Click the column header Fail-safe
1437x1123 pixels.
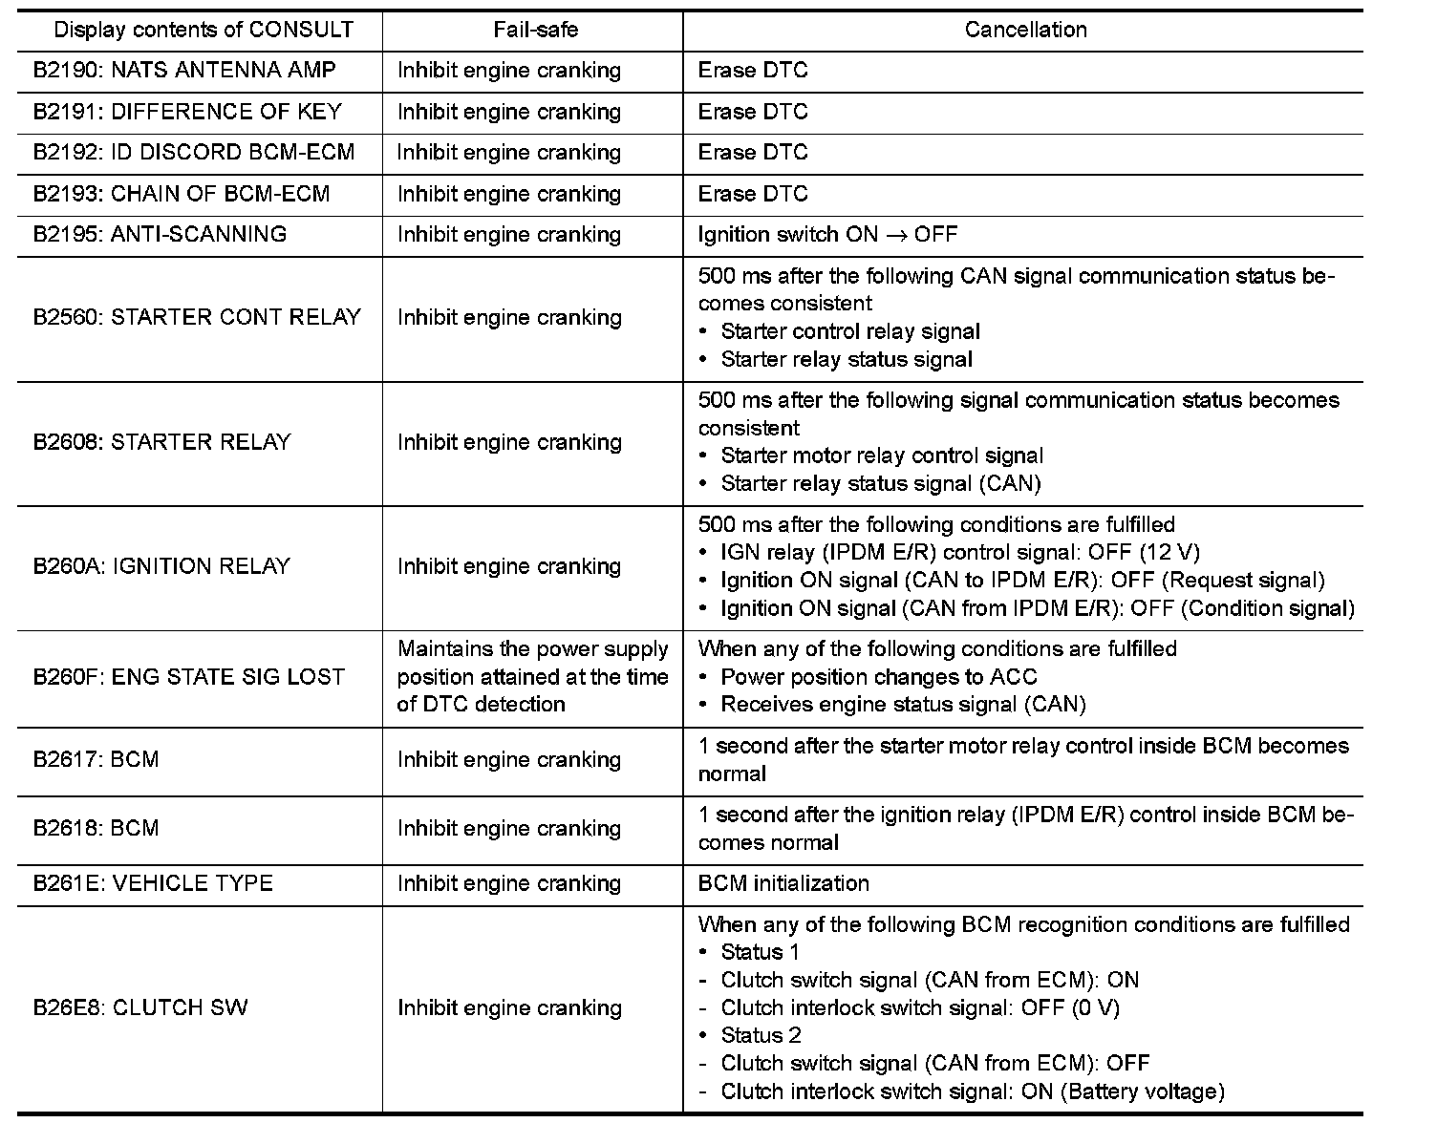point(535,30)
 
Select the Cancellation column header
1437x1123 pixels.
point(1025,30)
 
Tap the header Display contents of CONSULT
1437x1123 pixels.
point(204,30)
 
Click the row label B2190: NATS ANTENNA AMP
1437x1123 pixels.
point(184,71)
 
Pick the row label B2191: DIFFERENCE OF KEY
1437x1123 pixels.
point(187,112)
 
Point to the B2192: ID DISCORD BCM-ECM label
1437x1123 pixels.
point(194,153)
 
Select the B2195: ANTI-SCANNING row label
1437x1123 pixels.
point(160,235)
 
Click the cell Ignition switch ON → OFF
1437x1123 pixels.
point(827,235)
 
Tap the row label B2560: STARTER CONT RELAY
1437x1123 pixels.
point(197,317)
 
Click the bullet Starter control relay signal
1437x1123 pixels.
point(850,331)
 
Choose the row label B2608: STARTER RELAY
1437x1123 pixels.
point(161,442)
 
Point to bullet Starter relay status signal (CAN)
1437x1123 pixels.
point(880,483)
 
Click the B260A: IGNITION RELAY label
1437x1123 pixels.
point(161,566)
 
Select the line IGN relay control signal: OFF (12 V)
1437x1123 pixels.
point(959,552)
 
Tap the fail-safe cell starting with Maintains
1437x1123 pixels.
point(532,676)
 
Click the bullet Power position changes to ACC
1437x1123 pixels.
point(878,677)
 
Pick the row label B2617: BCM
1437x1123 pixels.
point(96,760)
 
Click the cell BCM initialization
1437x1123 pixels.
point(783,883)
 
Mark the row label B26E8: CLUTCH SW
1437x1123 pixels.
point(140,1008)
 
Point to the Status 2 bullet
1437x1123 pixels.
point(761,1035)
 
